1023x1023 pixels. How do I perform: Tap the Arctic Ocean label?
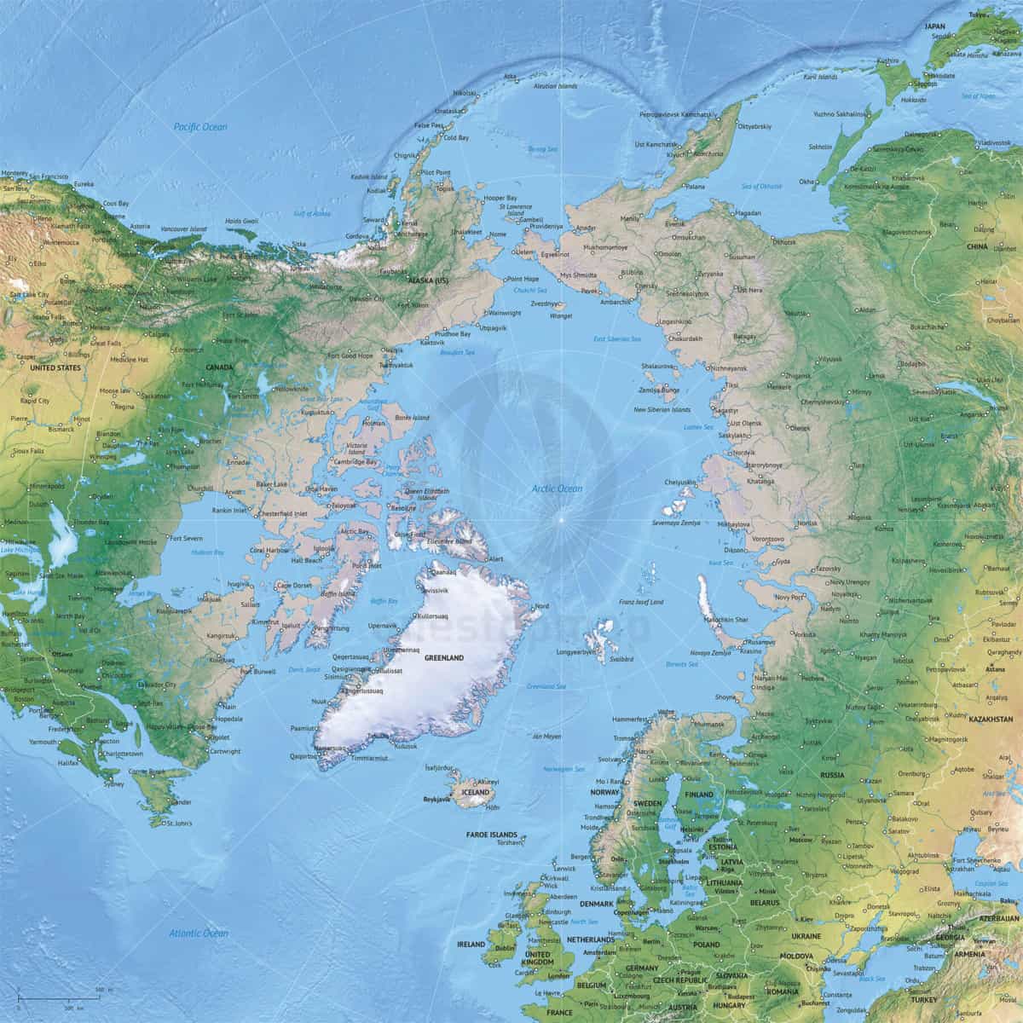[x=558, y=488]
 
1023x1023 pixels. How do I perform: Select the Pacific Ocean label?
[x=200, y=126]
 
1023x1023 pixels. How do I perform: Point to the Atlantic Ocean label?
[x=198, y=933]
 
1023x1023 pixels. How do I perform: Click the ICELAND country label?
[x=475, y=792]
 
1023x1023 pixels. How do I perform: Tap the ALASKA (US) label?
[x=430, y=280]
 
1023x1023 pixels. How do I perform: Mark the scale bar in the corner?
[x=60, y=997]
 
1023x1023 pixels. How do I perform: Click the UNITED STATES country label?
[x=55, y=368]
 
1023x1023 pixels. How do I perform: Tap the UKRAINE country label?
[x=806, y=936]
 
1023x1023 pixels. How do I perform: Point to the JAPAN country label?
[x=935, y=26]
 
